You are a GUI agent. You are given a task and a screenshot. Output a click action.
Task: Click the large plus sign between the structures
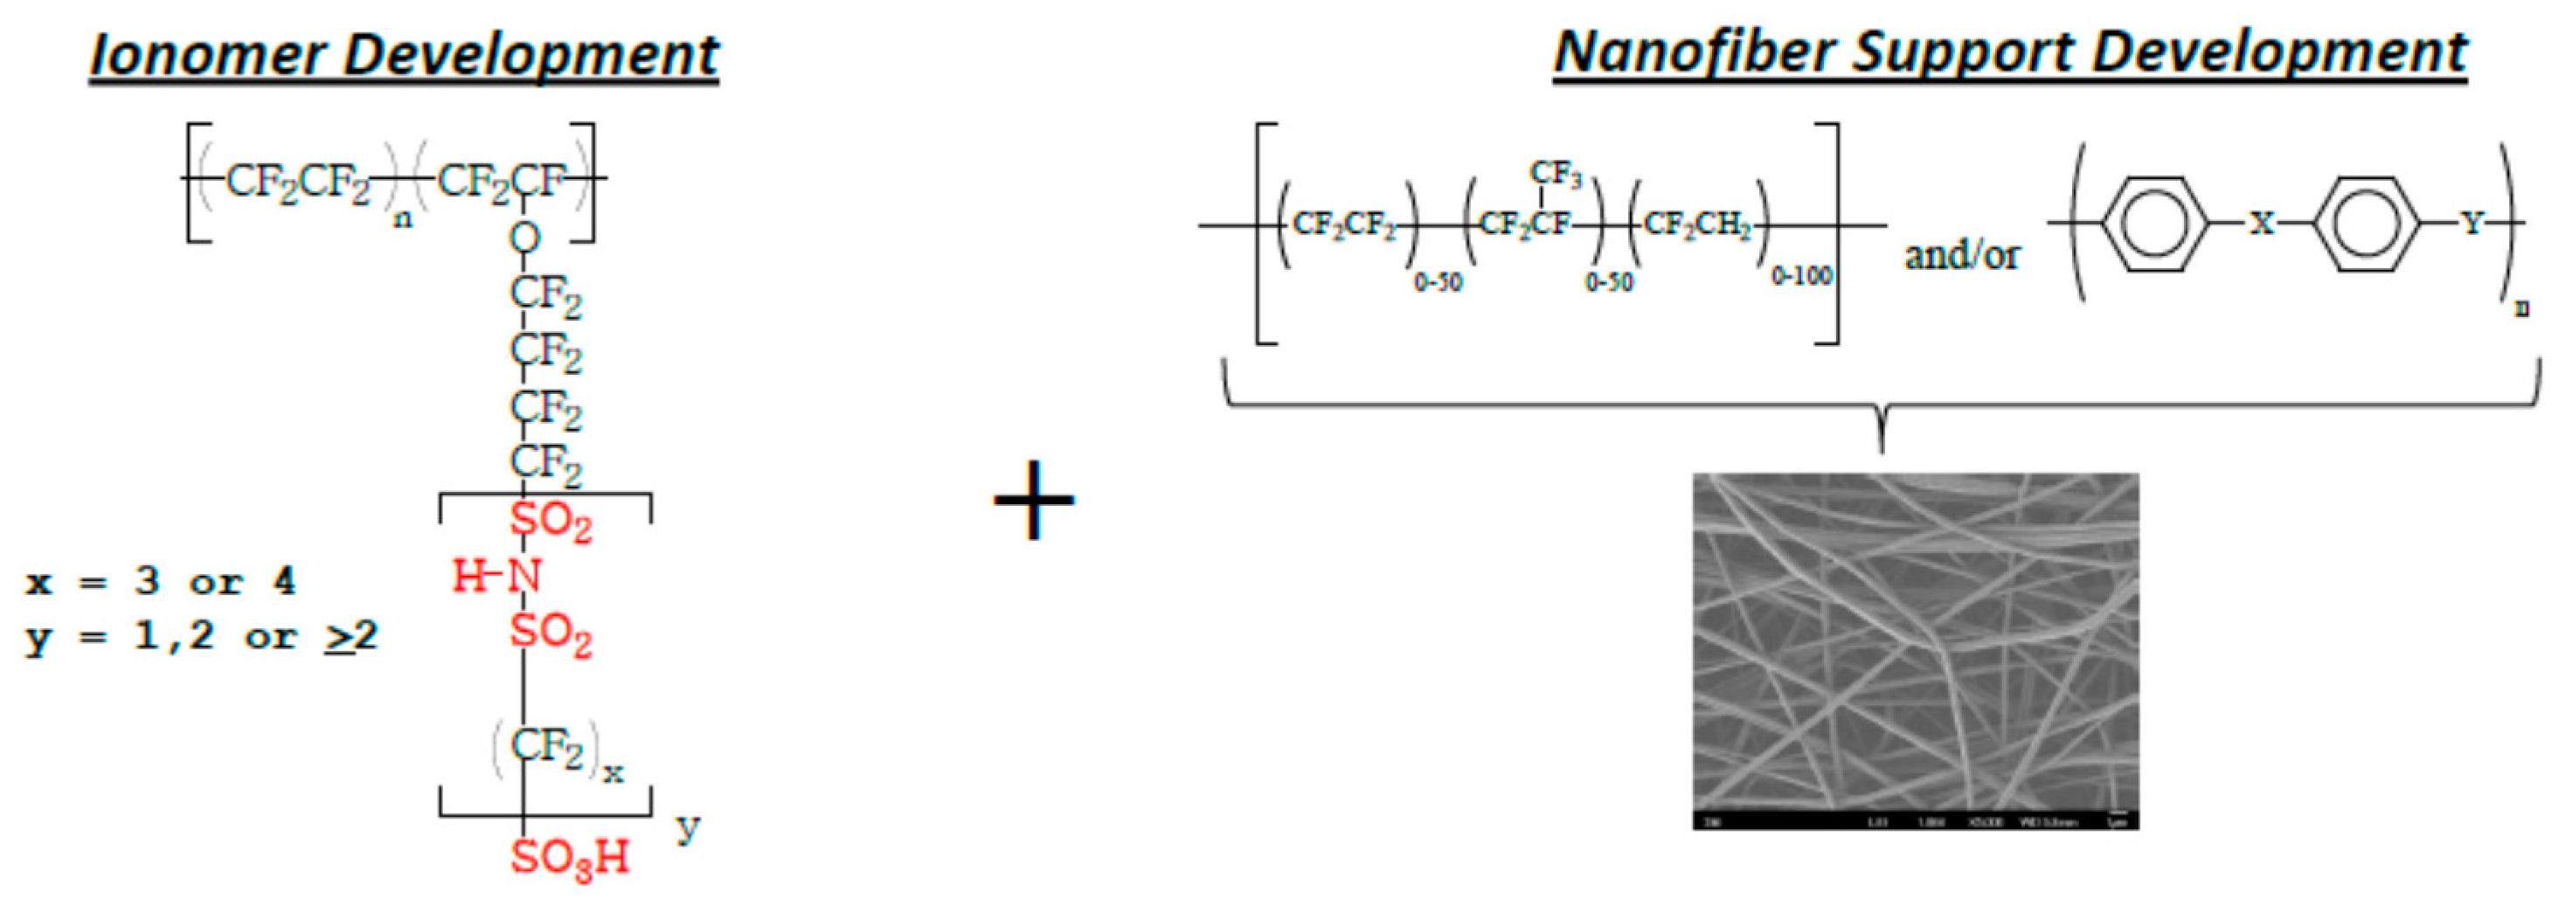[x=1034, y=500]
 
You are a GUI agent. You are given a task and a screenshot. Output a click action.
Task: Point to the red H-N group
[x=498, y=577]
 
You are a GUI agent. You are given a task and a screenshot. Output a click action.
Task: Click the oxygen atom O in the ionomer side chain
[x=524, y=238]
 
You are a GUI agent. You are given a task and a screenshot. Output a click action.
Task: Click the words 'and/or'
[x=1962, y=255]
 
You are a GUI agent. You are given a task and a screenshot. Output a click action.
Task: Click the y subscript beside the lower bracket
[x=687, y=826]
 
